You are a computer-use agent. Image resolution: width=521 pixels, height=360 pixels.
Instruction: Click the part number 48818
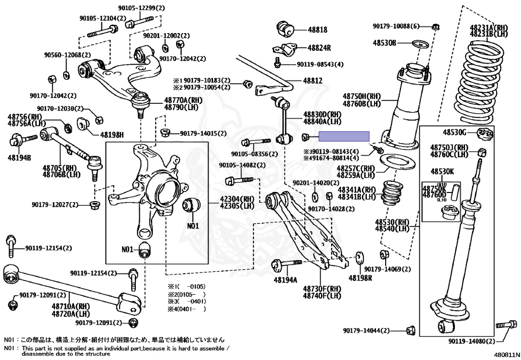click(317, 30)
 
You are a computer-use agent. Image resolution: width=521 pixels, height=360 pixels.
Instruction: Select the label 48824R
click(319, 48)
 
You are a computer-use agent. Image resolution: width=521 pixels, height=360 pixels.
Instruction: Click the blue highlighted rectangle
click(344, 136)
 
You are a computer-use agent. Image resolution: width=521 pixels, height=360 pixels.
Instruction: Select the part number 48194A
click(286, 280)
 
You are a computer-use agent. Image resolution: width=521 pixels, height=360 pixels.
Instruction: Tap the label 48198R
click(360, 279)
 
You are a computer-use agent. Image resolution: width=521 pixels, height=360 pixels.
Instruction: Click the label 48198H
click(112, 135)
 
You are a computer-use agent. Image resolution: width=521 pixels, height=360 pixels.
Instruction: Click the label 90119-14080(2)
click(471, 341)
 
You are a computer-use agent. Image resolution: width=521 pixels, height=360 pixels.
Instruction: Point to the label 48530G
click(454, 132)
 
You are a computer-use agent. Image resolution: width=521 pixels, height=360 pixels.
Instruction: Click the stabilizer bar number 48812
click(313, 81)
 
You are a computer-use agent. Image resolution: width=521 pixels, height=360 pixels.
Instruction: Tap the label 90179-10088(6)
click(396, 26)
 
